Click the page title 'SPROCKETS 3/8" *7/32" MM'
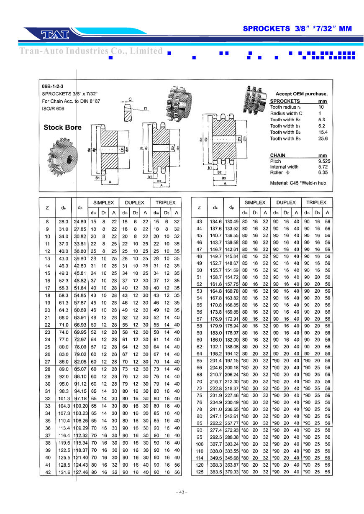pyautogui.click(x=297, y=29)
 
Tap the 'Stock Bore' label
pyautogui.click(x=62, y=127)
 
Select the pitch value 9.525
pyautogui.click(x=322, y=161)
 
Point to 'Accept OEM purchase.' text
pyautogui.click(x=301, y=94)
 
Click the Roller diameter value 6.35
pyautogui.click(x=323, y=172)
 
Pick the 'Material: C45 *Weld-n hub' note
pyautogui.click(x=298, y=183)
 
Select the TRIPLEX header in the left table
pyautogui.click(x=165, y=202)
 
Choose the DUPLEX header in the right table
pyautogui.click(x=286, y=202)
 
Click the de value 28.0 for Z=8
pyautogui.click(x=64, y=221)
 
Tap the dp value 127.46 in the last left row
pyautogui.click(x=80, y=472)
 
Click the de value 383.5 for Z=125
pyautogui.click(x=215, y=472)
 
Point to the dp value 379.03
pyautogui.click(x=231, y=472)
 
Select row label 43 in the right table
pyautogui.click(x=199, y=221)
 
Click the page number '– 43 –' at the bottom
pyautogui.click(x=182, y=492)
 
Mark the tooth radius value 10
pyautogui.click(x=321, y=107)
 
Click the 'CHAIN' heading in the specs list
pyautogui.click(x=277, y=155)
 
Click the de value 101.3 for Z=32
pyautogui.click(x=64, y=398)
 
